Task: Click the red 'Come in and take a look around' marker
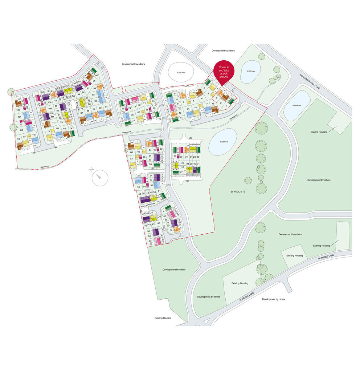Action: click(224, 71)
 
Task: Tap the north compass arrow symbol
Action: click(100, 178)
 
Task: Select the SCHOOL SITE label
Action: click(238, 191)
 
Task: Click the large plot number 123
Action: click(18, 109)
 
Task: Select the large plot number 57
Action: click(132, 159)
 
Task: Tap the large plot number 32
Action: click(151, 244)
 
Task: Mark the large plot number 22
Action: click(187, 157)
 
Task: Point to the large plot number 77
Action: click(133, 121)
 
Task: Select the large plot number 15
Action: click(188, 109)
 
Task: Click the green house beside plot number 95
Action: click(93, 70)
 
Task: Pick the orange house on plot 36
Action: click(177, 229)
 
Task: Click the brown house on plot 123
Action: click(18, 104)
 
